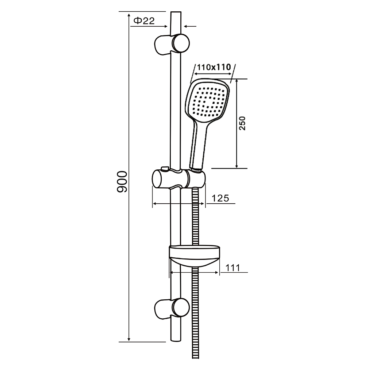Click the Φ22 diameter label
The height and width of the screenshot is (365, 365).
pos(144,21)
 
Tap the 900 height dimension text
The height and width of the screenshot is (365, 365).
pos(122,181)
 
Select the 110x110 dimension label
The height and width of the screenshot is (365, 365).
pos(214,67)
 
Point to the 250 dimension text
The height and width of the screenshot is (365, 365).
pos(242,123)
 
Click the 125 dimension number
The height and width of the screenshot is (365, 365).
pos(220,198)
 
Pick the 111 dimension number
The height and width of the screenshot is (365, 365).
pos(233,268)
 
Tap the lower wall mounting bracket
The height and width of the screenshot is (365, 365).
pos(172,309)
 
